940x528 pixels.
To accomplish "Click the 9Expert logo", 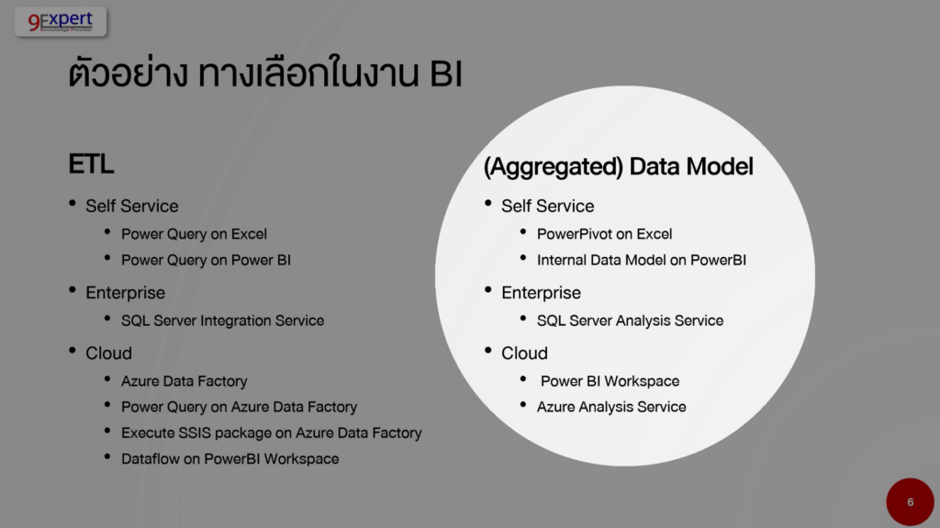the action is click(61, 22).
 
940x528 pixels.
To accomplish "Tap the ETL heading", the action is click(91, 163).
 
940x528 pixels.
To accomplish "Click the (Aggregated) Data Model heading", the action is click(618, 167).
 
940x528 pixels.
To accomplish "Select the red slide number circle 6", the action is click(910, 501).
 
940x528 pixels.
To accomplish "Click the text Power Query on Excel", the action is click(194, 234).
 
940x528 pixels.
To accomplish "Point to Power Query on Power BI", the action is click(206, 260).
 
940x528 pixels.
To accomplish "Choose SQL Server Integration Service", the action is click(222, 320).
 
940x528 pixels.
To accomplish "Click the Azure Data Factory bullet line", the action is click(184, 381).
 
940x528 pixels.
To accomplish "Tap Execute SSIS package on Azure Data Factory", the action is click(272, 433).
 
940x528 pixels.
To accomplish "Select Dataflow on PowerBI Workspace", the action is click(230, 458).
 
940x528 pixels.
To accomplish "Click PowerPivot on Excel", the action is click(604, 234).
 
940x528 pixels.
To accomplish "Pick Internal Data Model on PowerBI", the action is click(642, 260).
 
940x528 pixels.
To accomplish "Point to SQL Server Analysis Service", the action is click(630, 320).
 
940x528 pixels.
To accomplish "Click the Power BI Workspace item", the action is click(610, 381).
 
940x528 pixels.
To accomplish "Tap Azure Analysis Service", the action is click(611, 407).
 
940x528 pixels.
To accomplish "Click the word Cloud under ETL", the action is click(108, 353).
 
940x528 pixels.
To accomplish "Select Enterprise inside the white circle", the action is click(541, 293).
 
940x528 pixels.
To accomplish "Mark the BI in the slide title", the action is click(445, 74).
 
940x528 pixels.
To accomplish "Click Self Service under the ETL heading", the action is click(132, 206).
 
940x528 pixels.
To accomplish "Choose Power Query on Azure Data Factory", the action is click(240, 407).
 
